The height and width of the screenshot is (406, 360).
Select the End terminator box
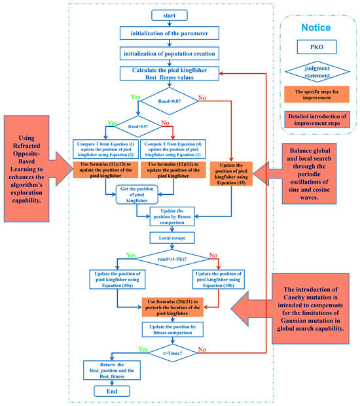coord(108,390)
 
